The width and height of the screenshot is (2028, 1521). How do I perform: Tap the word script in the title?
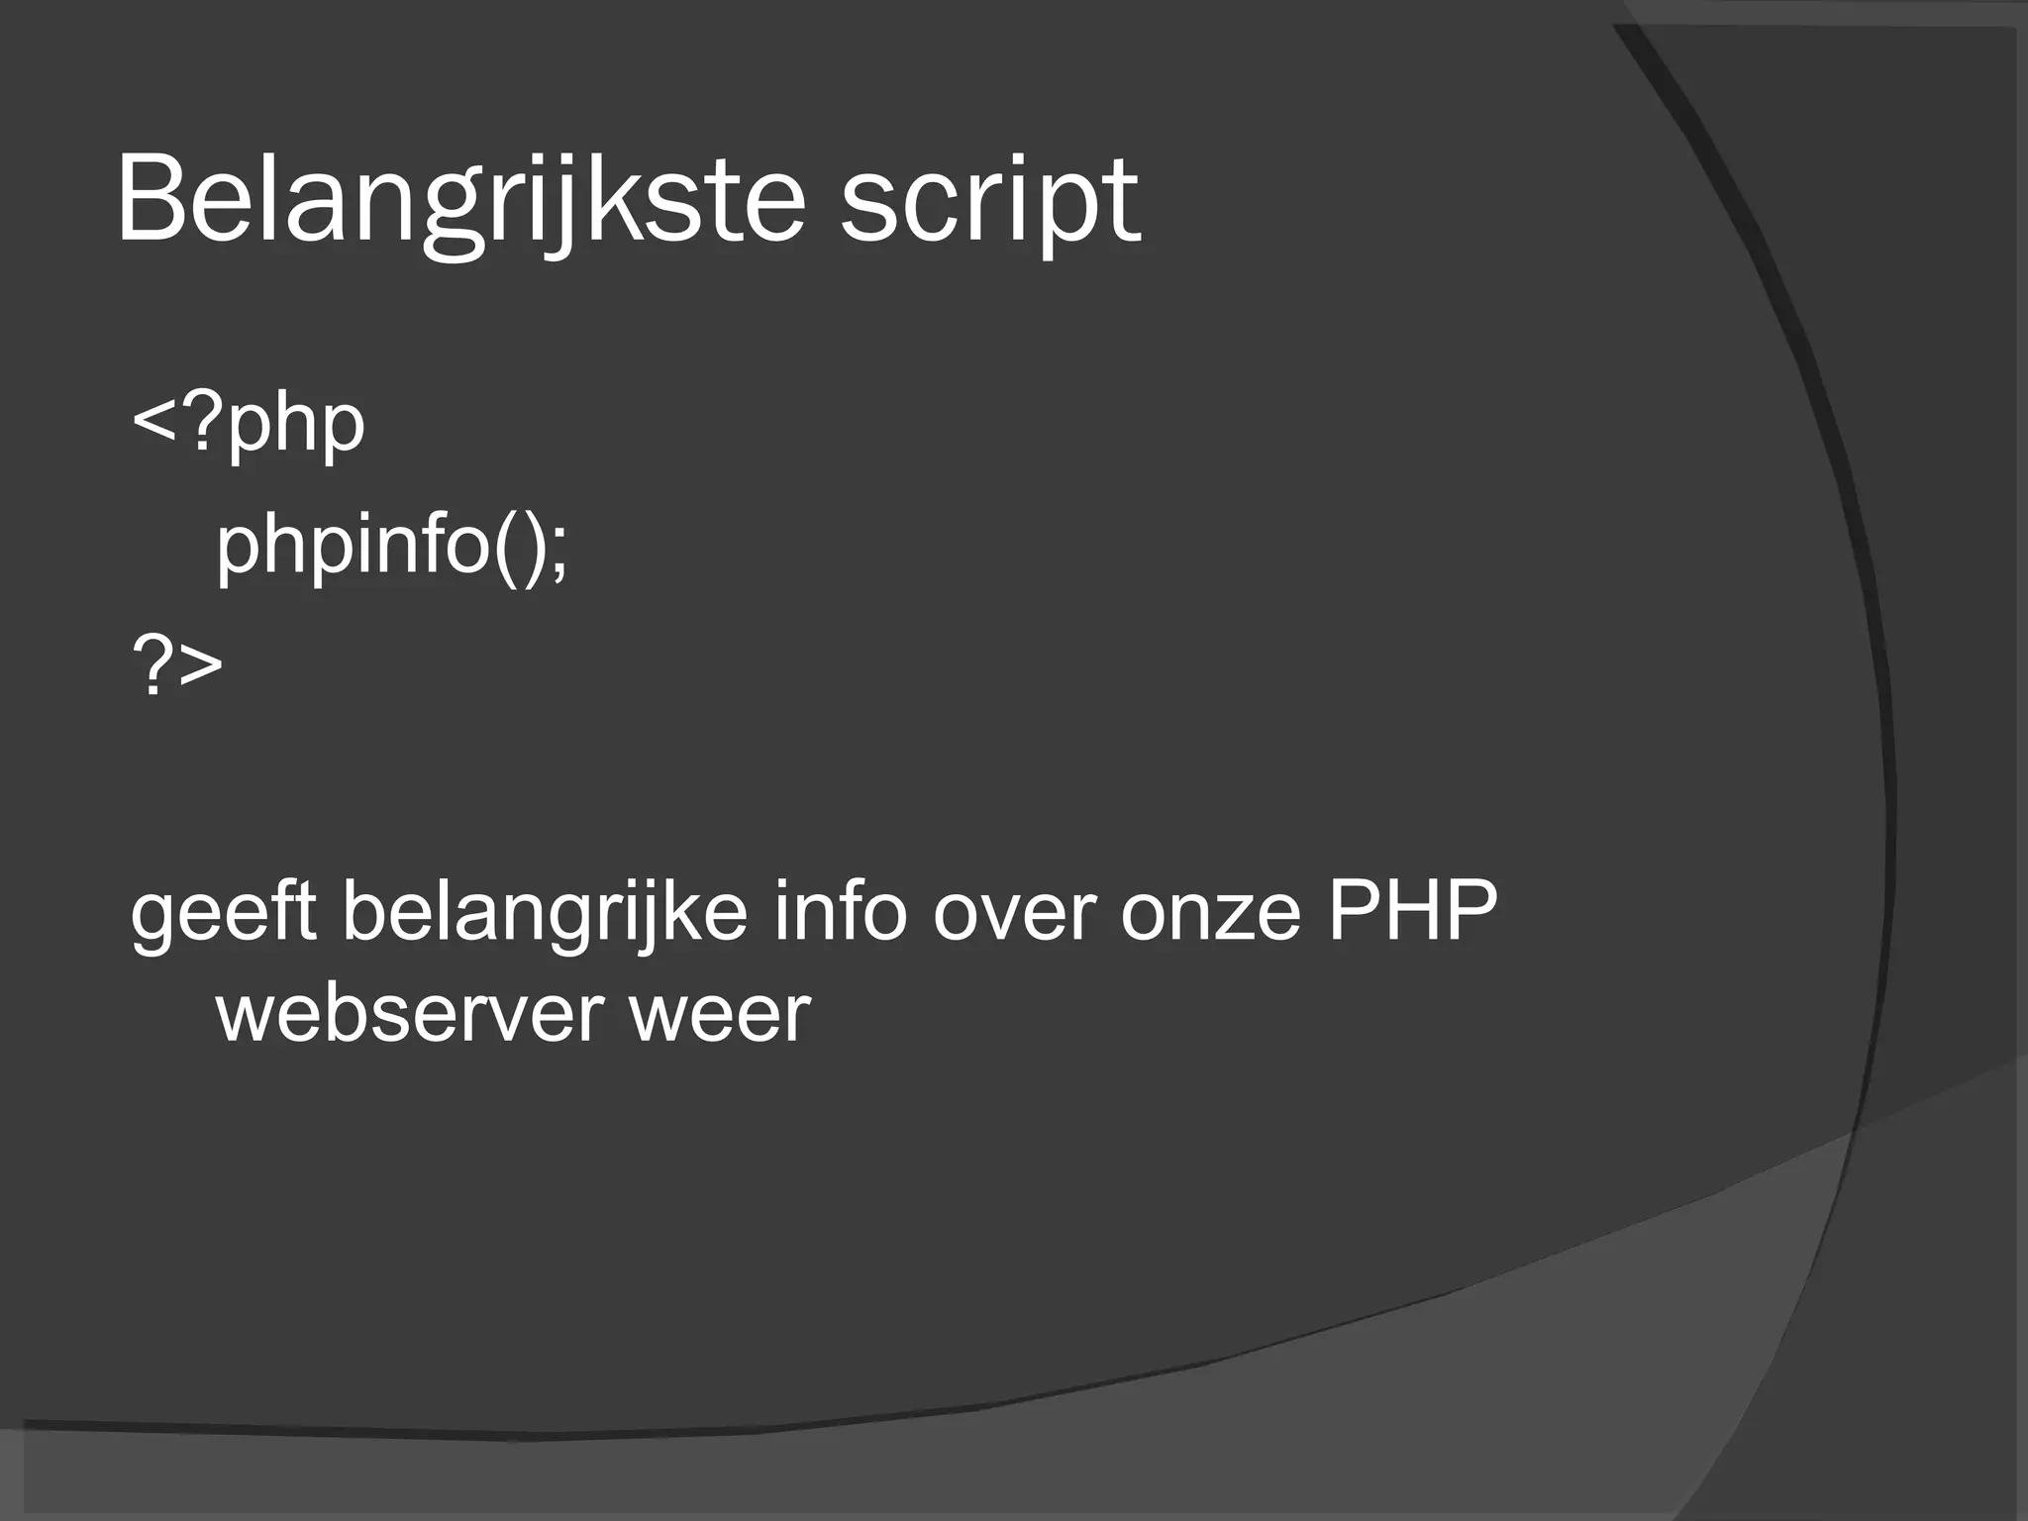990,201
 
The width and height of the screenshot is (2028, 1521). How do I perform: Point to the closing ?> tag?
177,665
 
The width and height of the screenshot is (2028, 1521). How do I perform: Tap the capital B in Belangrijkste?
149,201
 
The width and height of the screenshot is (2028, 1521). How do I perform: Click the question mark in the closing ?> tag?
153,665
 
